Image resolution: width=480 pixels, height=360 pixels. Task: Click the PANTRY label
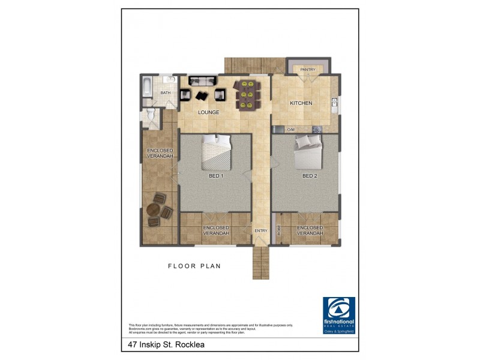[x=308, y=70]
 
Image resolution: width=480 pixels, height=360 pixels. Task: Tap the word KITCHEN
[x=301, y=103]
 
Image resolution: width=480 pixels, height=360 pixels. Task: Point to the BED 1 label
[x=216, y=176]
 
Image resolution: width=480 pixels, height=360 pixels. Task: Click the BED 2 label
[x=309, y=176]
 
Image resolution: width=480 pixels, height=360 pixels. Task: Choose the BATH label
[x=165, y=93]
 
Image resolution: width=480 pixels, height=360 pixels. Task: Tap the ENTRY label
[x=260, y=231]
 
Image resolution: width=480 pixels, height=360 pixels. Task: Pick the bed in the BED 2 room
[x=308, y=149]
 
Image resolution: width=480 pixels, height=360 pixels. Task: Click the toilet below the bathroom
[x=151, y=116]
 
